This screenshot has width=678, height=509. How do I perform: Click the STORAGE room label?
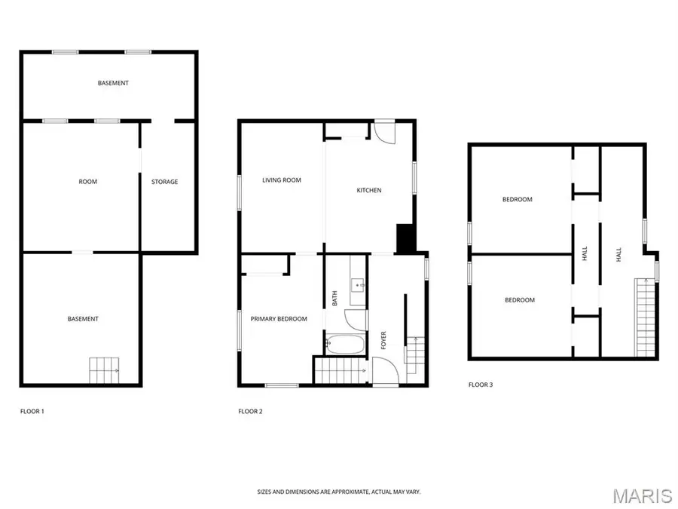pyautogui.click(x=165, y=182)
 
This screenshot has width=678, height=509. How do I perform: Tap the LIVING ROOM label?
pyautogui.click(x=282, y=180)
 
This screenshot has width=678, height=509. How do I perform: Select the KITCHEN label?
pyautogui.click(x=369, y=191)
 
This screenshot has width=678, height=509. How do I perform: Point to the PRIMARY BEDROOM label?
pyautogui.click(x=279, y=319)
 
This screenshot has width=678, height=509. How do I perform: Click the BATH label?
pyautogui.click(x=335, y=299)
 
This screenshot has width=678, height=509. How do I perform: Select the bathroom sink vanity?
pyautogui.click(x=358, y=285)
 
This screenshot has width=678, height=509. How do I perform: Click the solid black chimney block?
pyautogui.click(x=405, y=239)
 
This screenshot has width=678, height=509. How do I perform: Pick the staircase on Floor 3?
pyautogui.click(x=645, y=317)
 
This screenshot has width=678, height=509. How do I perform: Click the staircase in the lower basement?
pyautogui.click(x=104, y=369)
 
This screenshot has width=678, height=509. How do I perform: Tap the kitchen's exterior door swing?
pyautogui.click(x=385, y=131)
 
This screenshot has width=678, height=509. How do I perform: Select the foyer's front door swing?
pyautogui.click(x=384, y=372)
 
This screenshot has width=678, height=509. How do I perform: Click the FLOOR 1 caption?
pyautogui.click(x=32, y=412)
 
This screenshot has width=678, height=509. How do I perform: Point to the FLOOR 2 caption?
pyautogui.click(x=250, y=412)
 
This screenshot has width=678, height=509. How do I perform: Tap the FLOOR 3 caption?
pyautogui.click(x=481, y=385)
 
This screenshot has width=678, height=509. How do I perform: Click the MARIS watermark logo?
pyautogui.click(x=642, y=495)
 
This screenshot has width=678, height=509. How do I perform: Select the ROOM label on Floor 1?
pyautogui.click(x=88, y=182)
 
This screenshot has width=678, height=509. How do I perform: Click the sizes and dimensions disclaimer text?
pyautogui.click(x=338, y=492)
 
